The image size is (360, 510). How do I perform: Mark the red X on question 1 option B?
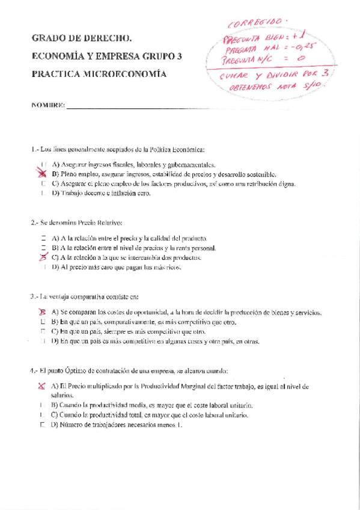pos(43,173)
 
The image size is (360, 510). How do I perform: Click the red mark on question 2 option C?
pos(43,257)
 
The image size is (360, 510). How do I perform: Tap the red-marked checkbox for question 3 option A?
pos(43,312)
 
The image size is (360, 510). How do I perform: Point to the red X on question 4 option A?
pos(43,386)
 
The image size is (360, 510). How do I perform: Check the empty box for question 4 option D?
pos(43,425)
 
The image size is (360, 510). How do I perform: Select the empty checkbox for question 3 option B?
pos(43,322)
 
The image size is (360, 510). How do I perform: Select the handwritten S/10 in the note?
pos(314,86)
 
